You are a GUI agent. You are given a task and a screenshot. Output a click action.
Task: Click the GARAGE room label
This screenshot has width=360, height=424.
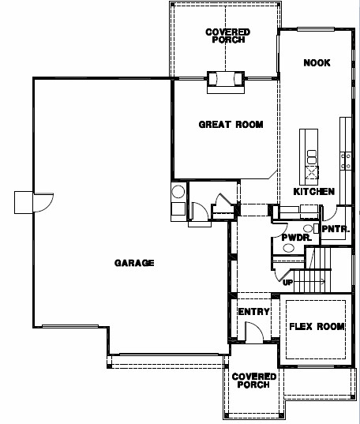click(x=134, y=263)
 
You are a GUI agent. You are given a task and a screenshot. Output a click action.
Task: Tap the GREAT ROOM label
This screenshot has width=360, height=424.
click(x=231, y=125)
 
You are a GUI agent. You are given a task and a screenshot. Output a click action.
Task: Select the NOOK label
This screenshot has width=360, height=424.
click(x=317, y=62)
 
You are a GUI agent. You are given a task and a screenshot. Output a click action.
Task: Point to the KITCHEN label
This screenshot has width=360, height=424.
click(x=314, y=191)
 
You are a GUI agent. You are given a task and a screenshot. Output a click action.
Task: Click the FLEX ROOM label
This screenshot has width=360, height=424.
click(x=317, y=326)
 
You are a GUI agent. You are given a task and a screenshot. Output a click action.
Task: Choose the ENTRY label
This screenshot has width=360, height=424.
click(x=253, y=312)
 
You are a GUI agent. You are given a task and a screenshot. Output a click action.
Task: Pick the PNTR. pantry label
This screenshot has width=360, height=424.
click(x=336, y=229)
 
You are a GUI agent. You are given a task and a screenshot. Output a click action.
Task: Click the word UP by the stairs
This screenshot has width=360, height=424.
click(x=288, y=283)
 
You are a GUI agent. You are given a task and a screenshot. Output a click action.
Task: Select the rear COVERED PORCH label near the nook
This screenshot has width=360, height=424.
click(x=227, y=36)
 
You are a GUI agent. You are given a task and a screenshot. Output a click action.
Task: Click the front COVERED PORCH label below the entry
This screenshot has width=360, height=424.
click(x=253, y=381)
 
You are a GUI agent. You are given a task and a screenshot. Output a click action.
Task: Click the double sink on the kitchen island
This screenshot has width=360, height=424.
click(x=312, y=157)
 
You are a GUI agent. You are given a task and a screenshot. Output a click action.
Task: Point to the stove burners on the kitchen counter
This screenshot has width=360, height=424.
click(x=346, y=161)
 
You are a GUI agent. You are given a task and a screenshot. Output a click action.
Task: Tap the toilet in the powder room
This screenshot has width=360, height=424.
click(x=288, y=247)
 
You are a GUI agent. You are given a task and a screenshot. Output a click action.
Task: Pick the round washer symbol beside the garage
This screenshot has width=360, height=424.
click(x=178, y=192)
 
